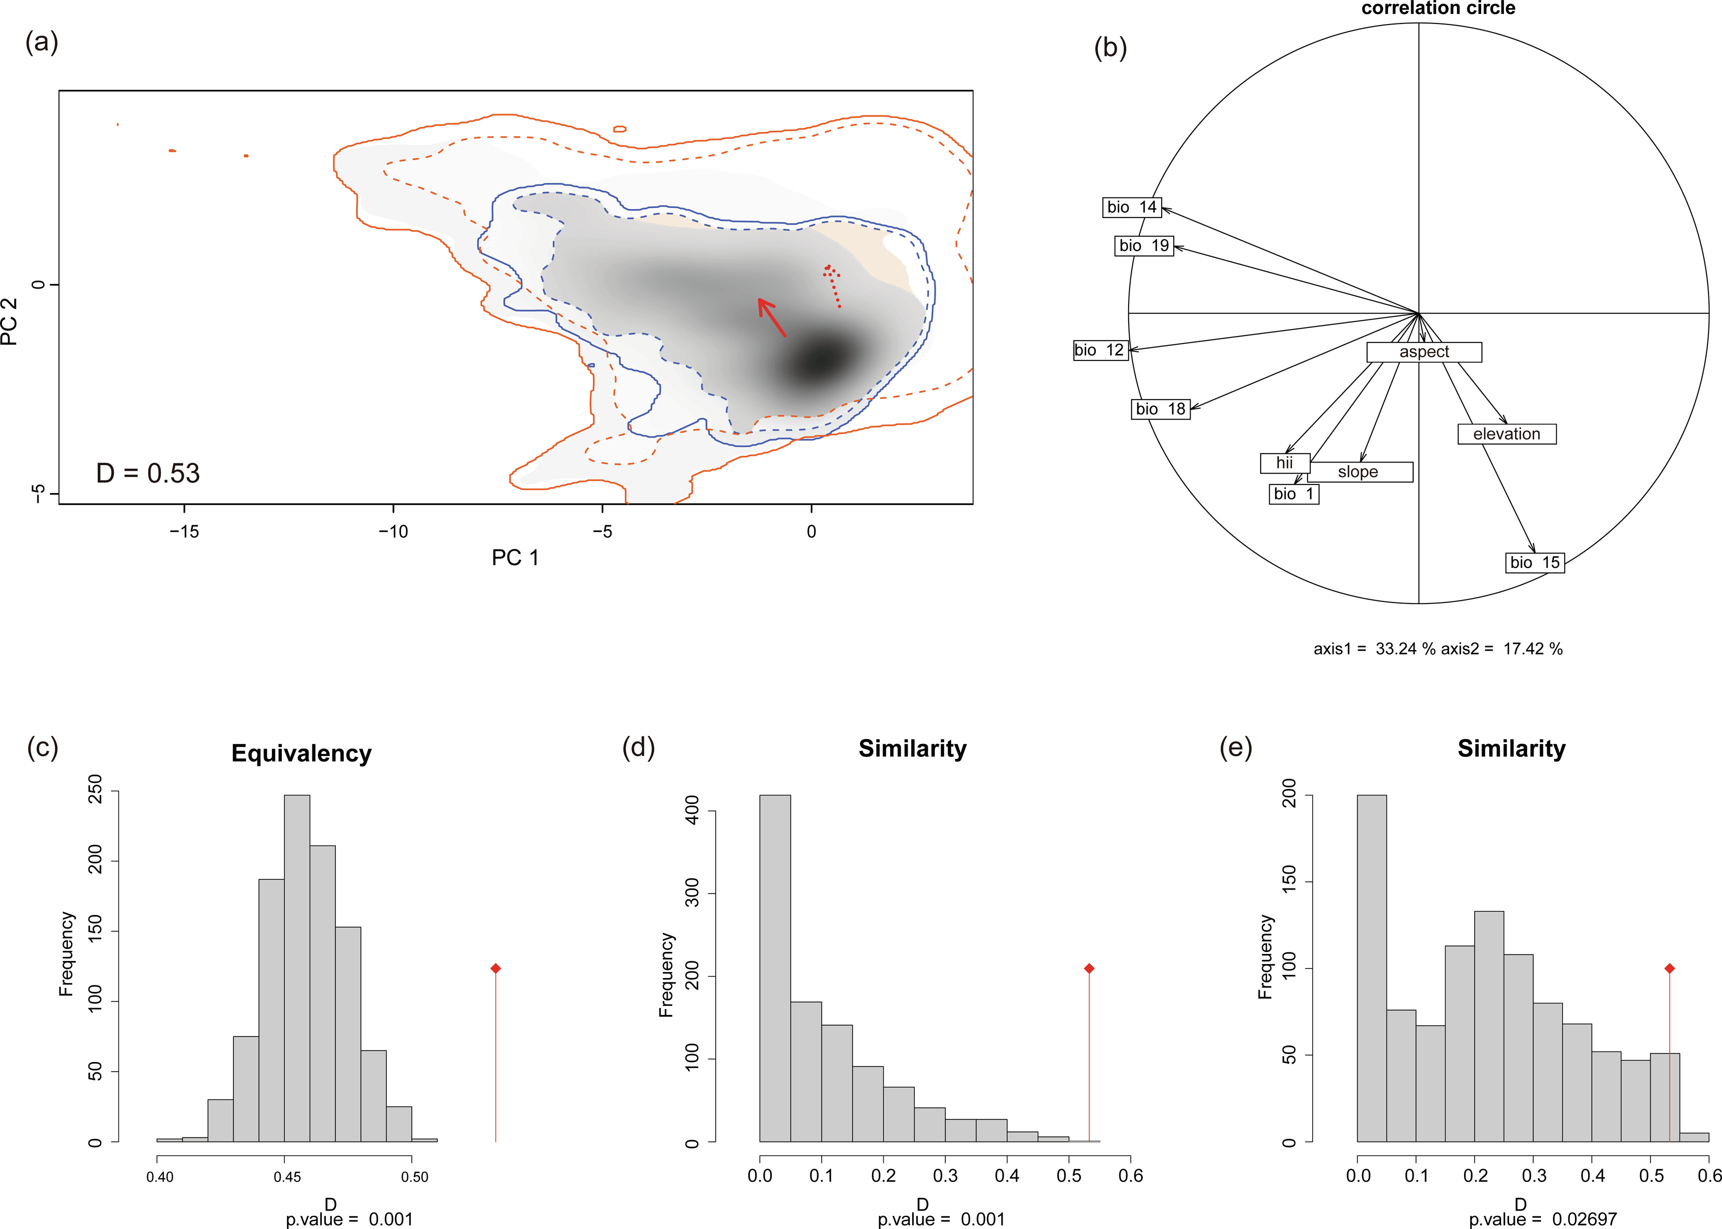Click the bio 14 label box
[1132, 207]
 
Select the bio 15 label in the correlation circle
[1535, 562]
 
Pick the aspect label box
[1424, 352]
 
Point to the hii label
[1284, 462]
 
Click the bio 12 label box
[1099, 350]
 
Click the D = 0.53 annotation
[148, 473]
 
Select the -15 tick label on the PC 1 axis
[184, 531]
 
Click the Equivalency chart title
[301, 753]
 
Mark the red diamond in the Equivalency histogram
[495, 968]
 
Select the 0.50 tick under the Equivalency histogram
[414, 1177]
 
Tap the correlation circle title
[1438, 8]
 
